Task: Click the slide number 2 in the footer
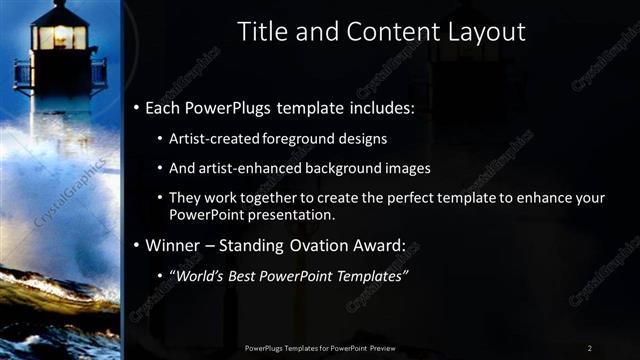point(590,347)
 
